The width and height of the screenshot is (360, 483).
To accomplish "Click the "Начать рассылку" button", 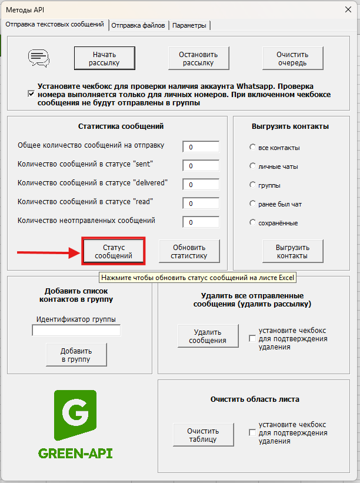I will click(104, 58).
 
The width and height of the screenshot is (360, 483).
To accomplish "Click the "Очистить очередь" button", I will click(292, 58).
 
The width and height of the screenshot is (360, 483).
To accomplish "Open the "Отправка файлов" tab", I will click(138, 25).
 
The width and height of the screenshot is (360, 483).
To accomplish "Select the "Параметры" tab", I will click(189, 25).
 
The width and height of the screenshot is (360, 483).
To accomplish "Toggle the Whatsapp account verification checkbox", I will click(31, 94).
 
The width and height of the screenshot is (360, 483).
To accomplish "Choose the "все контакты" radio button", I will click(252, 148).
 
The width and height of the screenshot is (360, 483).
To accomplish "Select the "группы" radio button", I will click(252, 185).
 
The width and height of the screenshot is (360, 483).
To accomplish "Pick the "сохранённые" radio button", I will click(252, 223).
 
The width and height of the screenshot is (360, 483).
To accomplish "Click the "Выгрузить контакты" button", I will click(292, 251).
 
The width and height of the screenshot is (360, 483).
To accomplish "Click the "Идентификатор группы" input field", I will click(76, 331).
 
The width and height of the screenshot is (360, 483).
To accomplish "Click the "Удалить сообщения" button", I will click(208, 336).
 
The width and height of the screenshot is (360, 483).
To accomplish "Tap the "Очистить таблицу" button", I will click(203, 435).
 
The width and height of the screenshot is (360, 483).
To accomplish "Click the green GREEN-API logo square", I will click(75, 415).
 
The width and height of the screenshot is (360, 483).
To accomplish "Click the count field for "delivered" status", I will click(201, 184).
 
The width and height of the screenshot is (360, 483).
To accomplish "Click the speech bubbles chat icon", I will click(39, 58).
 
